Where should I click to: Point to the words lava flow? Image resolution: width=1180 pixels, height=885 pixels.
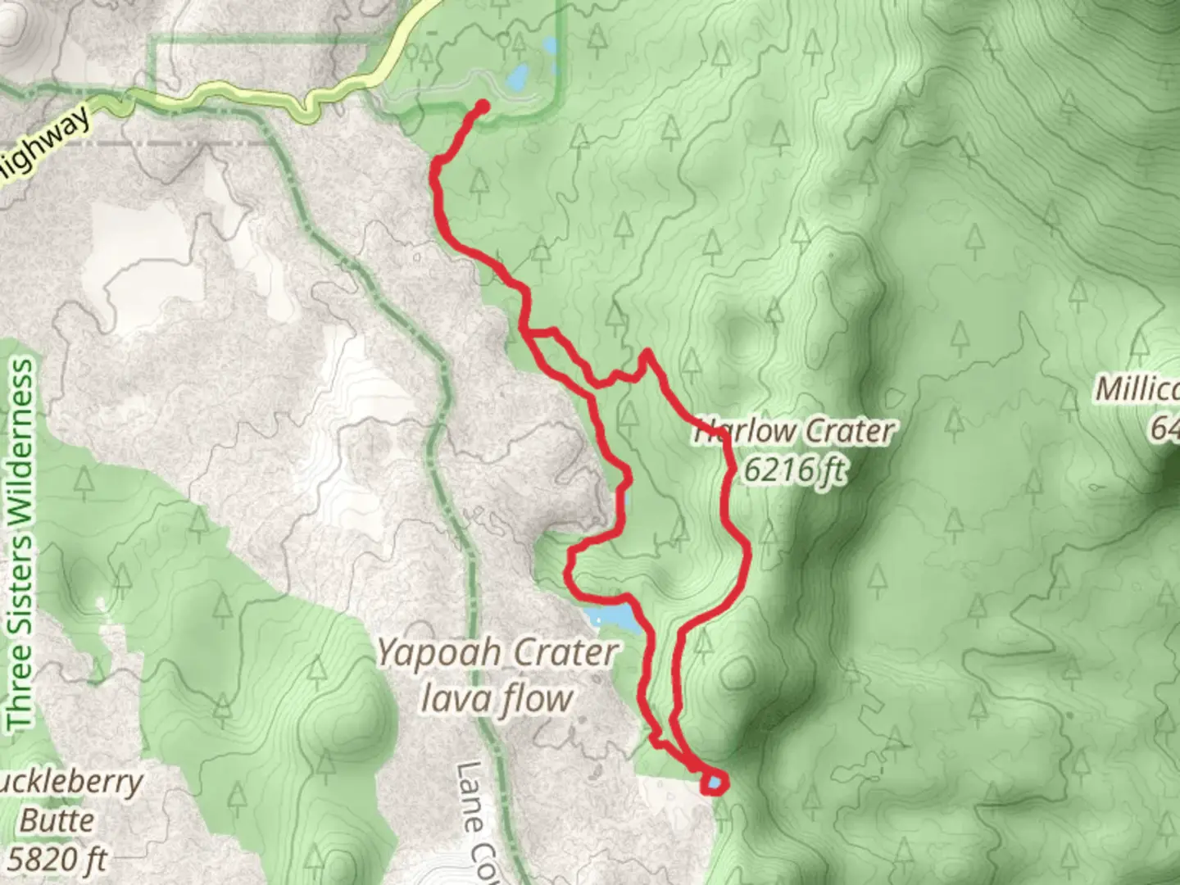pyautogui.click(x=496, y=699)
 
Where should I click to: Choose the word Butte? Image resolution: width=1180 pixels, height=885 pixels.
pyautogui.click(x=57, y=819)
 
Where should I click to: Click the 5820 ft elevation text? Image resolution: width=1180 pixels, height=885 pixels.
pyautogui.click(x=57, y=859)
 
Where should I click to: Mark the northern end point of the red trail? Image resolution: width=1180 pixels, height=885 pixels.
pyautogui.click(x=483, y=106)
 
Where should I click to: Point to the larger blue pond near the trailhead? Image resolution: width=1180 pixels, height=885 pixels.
pyautogui.click(x=517, y=78)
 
